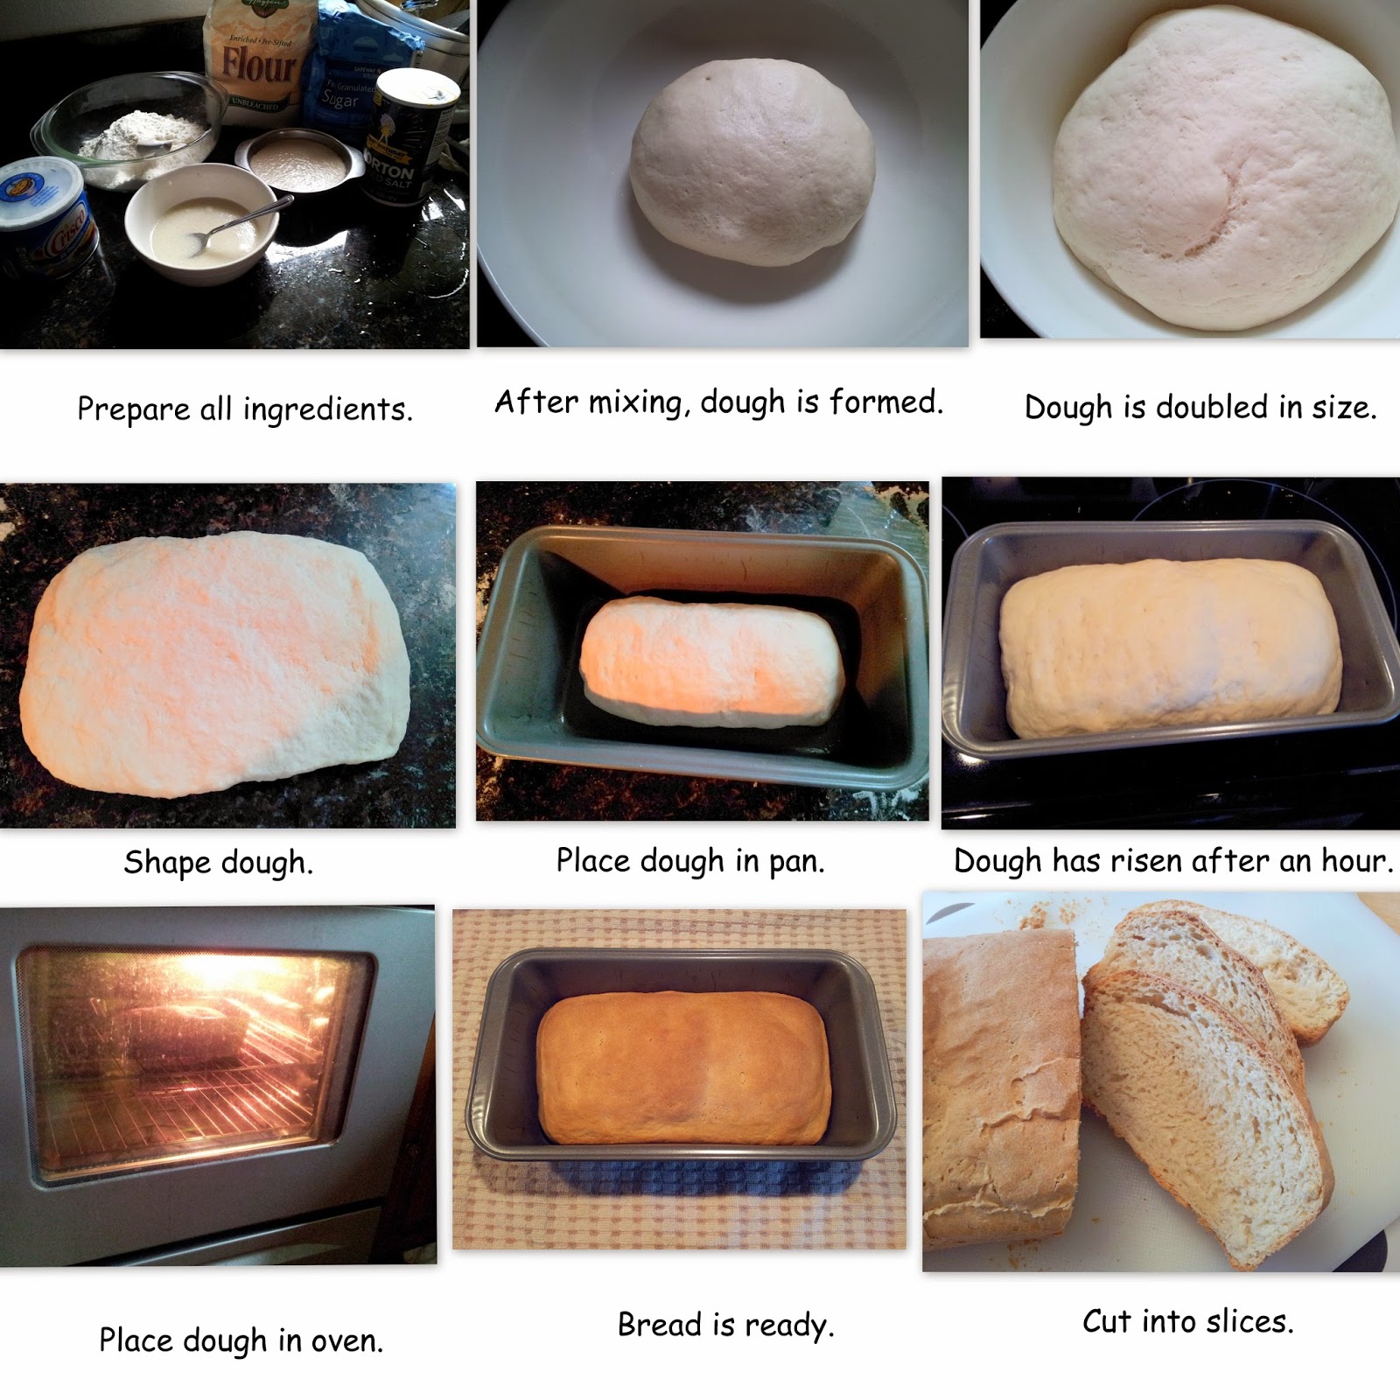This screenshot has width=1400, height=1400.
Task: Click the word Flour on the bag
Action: [259, 65]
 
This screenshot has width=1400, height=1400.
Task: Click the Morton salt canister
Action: [411, 136]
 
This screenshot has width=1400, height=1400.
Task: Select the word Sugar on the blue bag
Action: [339, 98]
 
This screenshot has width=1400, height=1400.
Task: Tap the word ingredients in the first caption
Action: [327, 409]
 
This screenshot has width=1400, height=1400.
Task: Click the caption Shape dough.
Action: [219, 864]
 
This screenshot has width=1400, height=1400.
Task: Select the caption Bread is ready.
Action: [726, 1326]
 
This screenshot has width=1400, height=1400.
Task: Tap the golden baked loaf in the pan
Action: [683, 1067]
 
